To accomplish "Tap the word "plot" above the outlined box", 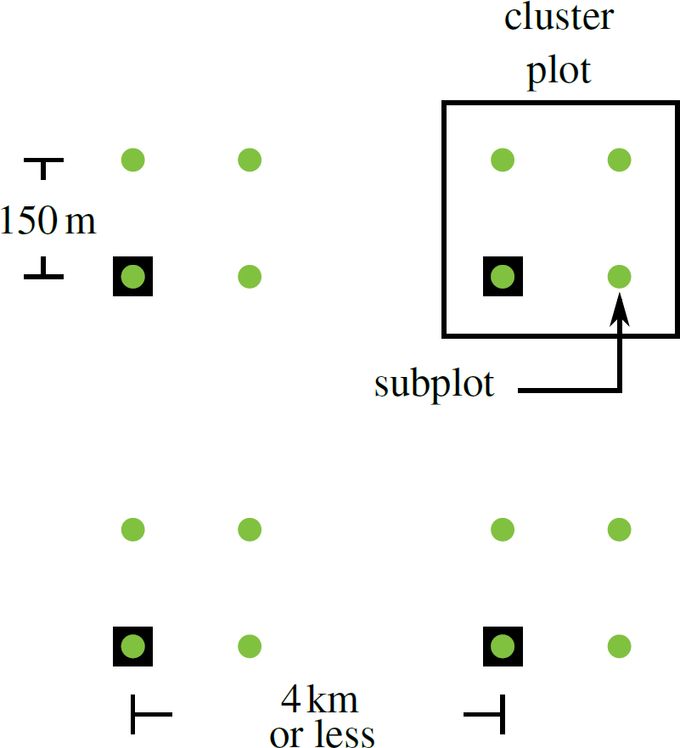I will click(558, 71).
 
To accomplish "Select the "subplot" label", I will click(434, 385).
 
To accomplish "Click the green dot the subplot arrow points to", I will click(620, 276).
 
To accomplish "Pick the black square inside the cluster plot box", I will click(503, 276).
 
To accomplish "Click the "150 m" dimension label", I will click(48, 222).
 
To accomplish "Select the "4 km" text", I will click(319, 701).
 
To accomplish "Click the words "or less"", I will click(322, 734).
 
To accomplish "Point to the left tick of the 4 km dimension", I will click(136, 714).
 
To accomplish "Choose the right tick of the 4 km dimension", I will click(501, 714).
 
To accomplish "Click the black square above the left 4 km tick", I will click(132, 647).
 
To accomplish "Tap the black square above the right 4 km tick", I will click(503, 647).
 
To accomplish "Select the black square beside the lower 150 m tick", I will click(132, 276).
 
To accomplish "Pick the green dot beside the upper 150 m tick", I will click(132, 159).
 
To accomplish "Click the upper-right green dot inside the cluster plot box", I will click(620, 159).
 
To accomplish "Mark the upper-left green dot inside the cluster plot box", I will click(503, 159).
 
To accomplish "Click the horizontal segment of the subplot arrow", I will click(569, 391).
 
